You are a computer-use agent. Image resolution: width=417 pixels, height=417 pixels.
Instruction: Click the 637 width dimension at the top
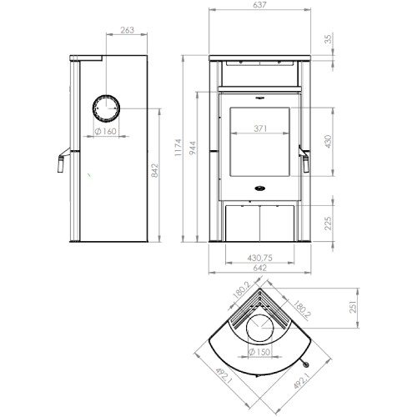(x=259, y=5)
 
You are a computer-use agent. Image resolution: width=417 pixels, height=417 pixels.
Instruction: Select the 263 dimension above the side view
(x=127, y=30)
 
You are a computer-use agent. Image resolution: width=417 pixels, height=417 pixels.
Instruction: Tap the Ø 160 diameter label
(x=105, y=131)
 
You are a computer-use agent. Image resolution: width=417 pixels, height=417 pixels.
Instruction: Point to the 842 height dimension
(x=154, y=170)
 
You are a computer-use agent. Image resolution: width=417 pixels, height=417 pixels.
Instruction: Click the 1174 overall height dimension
(x=178, y=148)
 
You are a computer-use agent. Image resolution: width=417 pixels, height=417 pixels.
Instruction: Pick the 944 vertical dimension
(x=193, y=148)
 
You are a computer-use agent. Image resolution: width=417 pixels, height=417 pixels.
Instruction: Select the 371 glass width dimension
(x=260, y=128)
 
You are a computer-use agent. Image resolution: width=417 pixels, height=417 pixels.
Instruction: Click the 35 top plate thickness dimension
(x=329, y=39)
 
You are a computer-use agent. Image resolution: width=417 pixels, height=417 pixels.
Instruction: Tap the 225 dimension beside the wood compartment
(x=329, y=224)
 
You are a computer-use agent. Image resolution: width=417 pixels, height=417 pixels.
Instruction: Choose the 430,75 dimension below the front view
(x=260, y=258)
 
